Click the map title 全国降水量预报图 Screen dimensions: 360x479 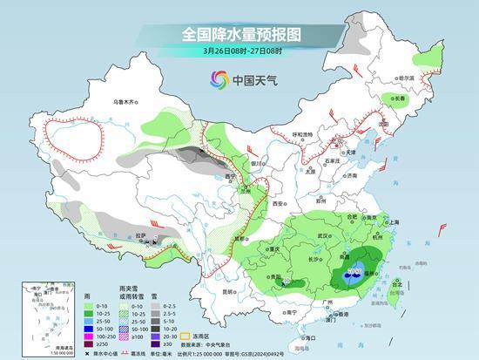coord(239,34)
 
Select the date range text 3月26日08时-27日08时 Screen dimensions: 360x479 coord(239,51)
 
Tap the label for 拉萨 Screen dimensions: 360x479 coord(141,234)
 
